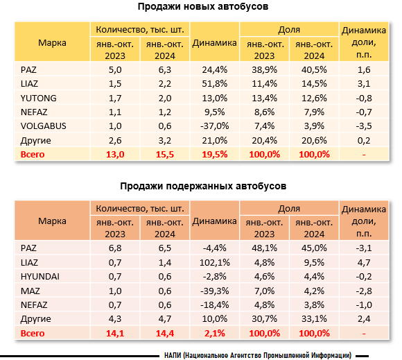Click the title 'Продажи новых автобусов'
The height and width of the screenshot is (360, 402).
[x=203, y=7]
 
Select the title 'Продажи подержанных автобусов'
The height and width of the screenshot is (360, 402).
[x=203, y=186]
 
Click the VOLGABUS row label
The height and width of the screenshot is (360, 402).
[x=44, y=126]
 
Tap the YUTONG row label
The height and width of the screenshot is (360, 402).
[x=38, y=98]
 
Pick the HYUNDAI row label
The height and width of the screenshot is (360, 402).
[x=40, y=277]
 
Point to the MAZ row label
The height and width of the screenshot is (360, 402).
[x=30, y=291]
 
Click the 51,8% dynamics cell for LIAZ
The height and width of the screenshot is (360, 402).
[x=215, y=84]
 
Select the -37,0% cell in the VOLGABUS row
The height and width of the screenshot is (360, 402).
[x=215, y=126]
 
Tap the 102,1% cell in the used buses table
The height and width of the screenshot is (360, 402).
[x=215, y=262]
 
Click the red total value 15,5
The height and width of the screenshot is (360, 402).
[x=165, y=155]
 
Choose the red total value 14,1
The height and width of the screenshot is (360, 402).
[x=115, y=334]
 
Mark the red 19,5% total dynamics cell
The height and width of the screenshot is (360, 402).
[x=215, y=155]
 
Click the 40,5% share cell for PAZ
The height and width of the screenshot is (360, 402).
[x=314, y=70]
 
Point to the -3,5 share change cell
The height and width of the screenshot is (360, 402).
[x=364, y=126]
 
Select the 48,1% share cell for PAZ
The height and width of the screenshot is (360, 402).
[x=264, y=248]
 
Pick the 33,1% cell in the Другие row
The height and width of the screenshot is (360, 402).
[x=314, y=319]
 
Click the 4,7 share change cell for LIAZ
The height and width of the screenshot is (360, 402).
[x=364, y=262]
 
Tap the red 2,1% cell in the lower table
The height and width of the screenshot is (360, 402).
[x=215, y=334]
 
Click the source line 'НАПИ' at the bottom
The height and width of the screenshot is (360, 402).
[x=258, y=356]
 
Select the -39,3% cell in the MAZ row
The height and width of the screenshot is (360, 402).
[x=215, y=291]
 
